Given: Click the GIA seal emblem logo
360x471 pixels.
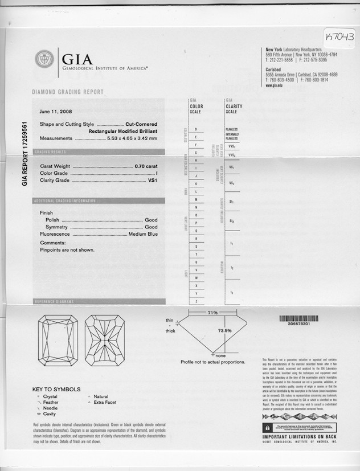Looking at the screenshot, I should (x=44, y=59).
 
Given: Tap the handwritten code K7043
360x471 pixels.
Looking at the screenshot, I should (x=341, y=37).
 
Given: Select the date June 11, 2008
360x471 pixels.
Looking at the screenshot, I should (x=56, y=111).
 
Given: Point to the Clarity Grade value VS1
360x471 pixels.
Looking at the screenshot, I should (x=152, y=180).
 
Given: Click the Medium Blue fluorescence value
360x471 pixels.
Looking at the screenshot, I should (x=143, y=234).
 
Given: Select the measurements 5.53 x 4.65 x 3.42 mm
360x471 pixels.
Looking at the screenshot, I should (x=132, y=138).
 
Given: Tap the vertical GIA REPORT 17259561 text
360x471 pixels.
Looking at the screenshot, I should (x=24, y=154).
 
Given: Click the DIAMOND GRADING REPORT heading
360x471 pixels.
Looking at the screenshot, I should (x=67, y=92).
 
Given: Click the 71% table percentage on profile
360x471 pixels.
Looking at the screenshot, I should (x=212, y=313).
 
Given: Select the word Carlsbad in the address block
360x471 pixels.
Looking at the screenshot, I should (x=276, y=69).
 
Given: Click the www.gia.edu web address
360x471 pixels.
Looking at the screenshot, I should (x=275, y=85).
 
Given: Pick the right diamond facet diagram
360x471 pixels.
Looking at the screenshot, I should (x=105, y=341).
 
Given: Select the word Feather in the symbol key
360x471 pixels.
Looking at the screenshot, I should (x=51, y=402).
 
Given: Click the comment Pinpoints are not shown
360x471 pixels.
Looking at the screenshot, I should (x=67, y=250).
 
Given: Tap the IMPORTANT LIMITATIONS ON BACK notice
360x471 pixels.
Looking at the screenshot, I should (x=300, y=436).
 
